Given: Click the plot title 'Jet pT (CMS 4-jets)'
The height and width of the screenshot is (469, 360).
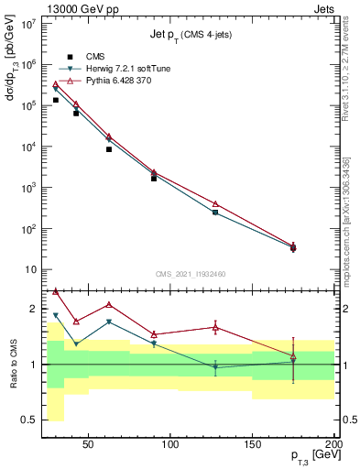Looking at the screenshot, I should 190,35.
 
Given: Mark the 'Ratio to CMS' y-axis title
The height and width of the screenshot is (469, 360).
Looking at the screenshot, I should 12,364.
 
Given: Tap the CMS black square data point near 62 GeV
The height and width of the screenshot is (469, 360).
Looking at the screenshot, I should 109,148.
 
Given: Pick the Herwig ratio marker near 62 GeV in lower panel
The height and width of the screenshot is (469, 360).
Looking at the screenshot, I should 109,322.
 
